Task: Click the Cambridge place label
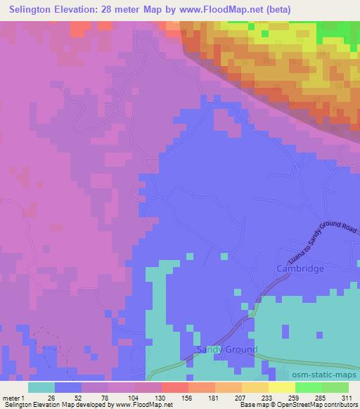click(300, 269)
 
